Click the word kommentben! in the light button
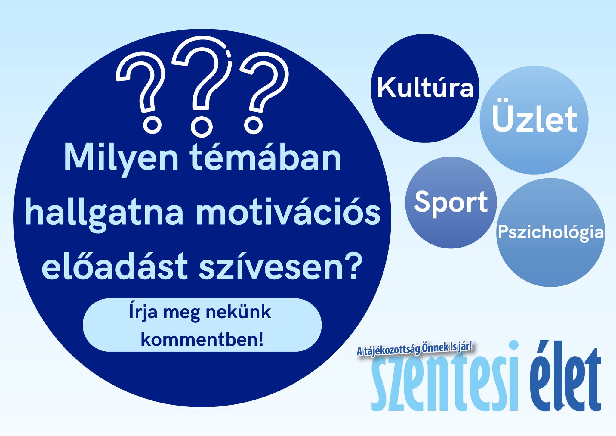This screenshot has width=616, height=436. [x=202, y=340]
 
